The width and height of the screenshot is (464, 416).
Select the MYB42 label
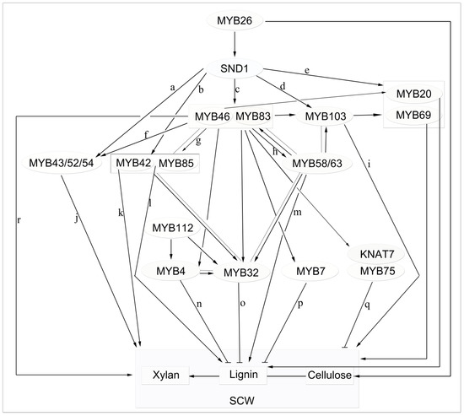tap(132, 162)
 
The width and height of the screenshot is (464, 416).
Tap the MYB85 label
tap(175, 162)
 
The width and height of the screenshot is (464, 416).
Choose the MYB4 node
tap(172, 271)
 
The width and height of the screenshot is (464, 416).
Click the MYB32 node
tap(242, 272)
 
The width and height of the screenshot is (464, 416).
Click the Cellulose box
tap(327, 373)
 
